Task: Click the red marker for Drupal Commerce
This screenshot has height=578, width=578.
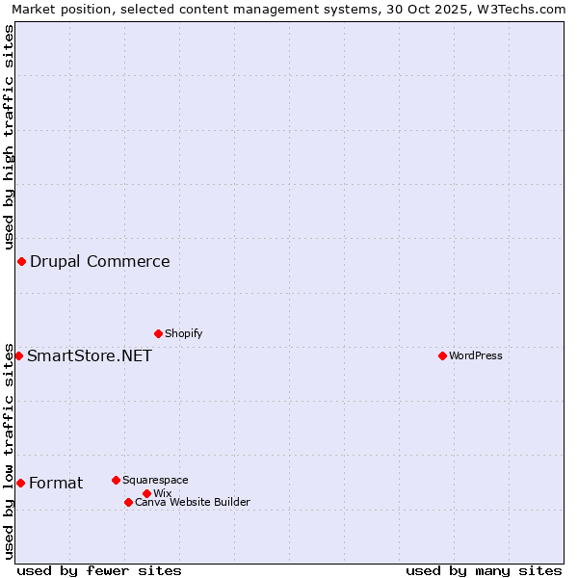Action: click(x=21, y=262)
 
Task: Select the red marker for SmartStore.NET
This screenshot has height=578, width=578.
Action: click(x=18, y=356)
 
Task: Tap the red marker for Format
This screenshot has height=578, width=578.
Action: click(x=20, y=483)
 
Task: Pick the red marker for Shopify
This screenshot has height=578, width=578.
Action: click(x=158, y=334)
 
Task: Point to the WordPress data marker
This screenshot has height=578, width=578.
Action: click(x=442, y=356)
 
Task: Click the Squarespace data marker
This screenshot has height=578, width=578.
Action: click(x=116, y=480)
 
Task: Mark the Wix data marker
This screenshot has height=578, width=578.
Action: click(x=146, y=494)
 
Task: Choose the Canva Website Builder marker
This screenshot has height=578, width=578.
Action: click(x=128, y=502)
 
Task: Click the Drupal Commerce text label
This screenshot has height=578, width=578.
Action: click(x=100, y=262)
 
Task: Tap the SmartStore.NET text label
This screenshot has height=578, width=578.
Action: click(x=90, y=356)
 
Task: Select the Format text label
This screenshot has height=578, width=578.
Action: click(x=56, y=484)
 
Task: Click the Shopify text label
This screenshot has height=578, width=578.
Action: click(x=183, y=334)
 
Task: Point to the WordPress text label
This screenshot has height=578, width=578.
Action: click(x=476, y=356)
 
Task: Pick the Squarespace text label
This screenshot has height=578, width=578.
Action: click(x=155, y=480)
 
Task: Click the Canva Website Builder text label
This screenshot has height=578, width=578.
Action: click(x=193, y=502)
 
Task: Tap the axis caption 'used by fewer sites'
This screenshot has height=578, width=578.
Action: click(x=99, y=570)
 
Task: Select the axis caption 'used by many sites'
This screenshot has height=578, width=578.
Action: click(x=484, y=570)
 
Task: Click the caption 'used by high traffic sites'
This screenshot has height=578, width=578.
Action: click(x=9, y=138)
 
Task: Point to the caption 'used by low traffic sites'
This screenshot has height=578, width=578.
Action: click(x=9, y=451)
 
